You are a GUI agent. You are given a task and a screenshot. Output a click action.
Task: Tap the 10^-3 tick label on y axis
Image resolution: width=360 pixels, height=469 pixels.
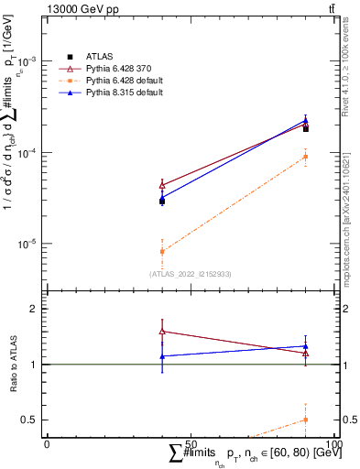point(29,60)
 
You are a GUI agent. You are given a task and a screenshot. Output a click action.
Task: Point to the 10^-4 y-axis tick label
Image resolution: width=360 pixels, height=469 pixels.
point(29,152)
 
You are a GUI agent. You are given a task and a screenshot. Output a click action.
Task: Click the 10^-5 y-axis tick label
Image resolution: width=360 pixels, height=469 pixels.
point(29,244)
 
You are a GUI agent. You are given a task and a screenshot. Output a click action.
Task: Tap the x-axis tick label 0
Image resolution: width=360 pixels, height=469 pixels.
point(47,443)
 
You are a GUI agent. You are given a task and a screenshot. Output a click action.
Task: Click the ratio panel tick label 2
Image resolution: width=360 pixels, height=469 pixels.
point(36,309)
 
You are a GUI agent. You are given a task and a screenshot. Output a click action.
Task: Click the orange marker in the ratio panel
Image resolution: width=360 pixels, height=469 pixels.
point(305,420)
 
